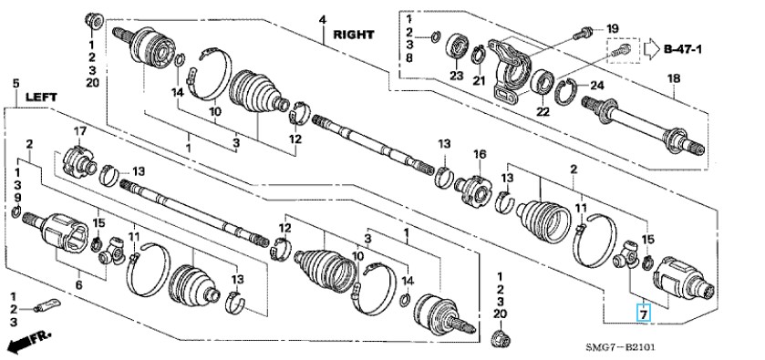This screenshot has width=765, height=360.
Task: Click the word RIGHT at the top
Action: [x=354, y=35]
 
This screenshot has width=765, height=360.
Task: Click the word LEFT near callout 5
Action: [x=41, y=98]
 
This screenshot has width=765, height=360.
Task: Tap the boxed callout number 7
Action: [x=644, y=314]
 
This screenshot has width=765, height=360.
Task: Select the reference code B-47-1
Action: [x=683, y=49]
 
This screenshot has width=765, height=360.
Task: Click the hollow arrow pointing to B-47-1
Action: [x=651, y=49]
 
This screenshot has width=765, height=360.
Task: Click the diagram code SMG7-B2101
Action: [x=621, y=347]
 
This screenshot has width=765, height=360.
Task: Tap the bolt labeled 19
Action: [x=583, y=33]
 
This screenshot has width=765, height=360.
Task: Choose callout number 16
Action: [x=480, y=155]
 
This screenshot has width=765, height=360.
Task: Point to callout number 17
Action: [x=79, y=130]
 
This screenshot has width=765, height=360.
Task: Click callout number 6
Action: [x=79, y=284]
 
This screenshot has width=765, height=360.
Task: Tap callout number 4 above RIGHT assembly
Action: [x=323, y=20]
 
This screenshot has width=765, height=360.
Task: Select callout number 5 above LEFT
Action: [x=16, y=84]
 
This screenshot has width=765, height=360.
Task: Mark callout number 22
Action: [x=543, y=112]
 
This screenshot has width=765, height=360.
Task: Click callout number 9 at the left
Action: [x=17, y=198]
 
